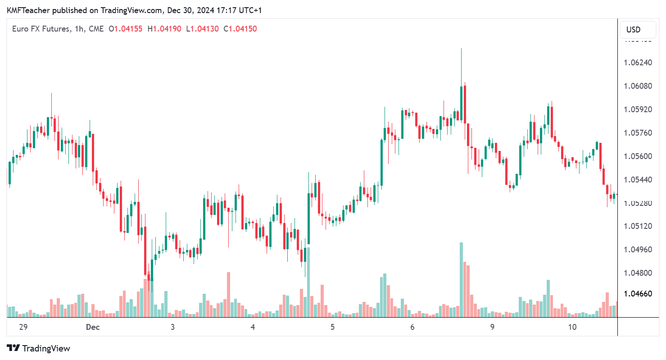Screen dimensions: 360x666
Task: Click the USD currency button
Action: [633, 30]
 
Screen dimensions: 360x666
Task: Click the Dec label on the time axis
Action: [92, 328]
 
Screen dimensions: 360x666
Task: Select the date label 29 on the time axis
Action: [23, 328]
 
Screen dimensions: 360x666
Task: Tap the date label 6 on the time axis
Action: [412, 328]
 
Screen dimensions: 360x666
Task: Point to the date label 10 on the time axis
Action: [572, 328]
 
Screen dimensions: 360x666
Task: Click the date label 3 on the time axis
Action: [172, 328]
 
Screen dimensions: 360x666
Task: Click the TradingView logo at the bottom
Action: [39, 348]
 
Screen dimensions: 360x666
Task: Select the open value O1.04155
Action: [126, 29]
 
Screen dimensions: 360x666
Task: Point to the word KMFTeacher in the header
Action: [26, 9]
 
